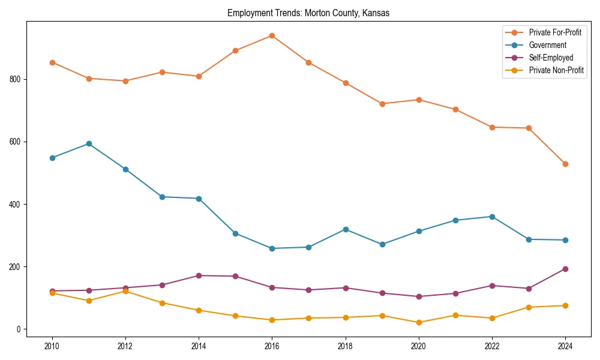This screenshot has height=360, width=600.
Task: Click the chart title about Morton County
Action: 308,13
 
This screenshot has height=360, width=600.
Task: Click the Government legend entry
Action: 547,45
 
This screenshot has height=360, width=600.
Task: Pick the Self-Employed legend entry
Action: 551,58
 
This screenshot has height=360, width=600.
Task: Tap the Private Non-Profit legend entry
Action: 556,70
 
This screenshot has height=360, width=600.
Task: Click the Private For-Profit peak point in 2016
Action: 272,35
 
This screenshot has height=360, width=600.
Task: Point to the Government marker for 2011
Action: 89,143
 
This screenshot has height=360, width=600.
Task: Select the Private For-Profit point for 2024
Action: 565,164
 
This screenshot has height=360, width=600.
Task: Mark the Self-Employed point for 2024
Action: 565,269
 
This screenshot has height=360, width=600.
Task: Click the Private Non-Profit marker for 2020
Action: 418,322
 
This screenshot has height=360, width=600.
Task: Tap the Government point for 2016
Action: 272,248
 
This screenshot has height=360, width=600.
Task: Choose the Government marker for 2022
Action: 491,217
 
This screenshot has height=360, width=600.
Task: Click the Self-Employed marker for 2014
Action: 199,275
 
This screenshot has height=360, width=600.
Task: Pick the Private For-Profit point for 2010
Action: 52,62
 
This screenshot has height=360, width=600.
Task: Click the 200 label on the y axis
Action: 16,266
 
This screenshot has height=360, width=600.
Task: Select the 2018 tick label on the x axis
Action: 345,346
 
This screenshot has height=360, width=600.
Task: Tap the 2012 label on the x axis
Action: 125,346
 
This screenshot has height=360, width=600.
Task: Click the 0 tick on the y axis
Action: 19,329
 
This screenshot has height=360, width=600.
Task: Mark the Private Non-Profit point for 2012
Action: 125,291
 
